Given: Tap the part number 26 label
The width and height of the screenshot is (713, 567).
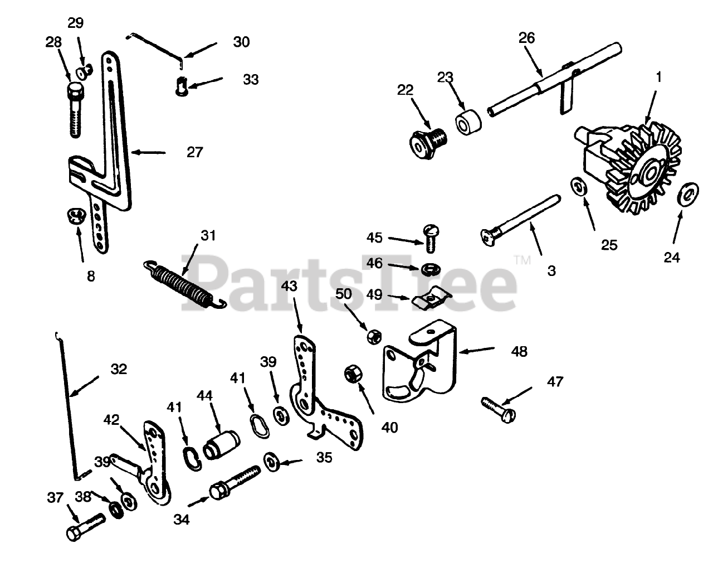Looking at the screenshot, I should point(526,38).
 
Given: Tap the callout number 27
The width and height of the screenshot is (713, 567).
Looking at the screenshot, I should point(194,152).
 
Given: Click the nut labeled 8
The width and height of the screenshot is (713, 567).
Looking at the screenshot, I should point(76,215).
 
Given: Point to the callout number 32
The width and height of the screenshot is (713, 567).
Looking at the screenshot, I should point(119,369).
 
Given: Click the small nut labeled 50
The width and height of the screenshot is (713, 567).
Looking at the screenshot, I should point(373,336).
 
